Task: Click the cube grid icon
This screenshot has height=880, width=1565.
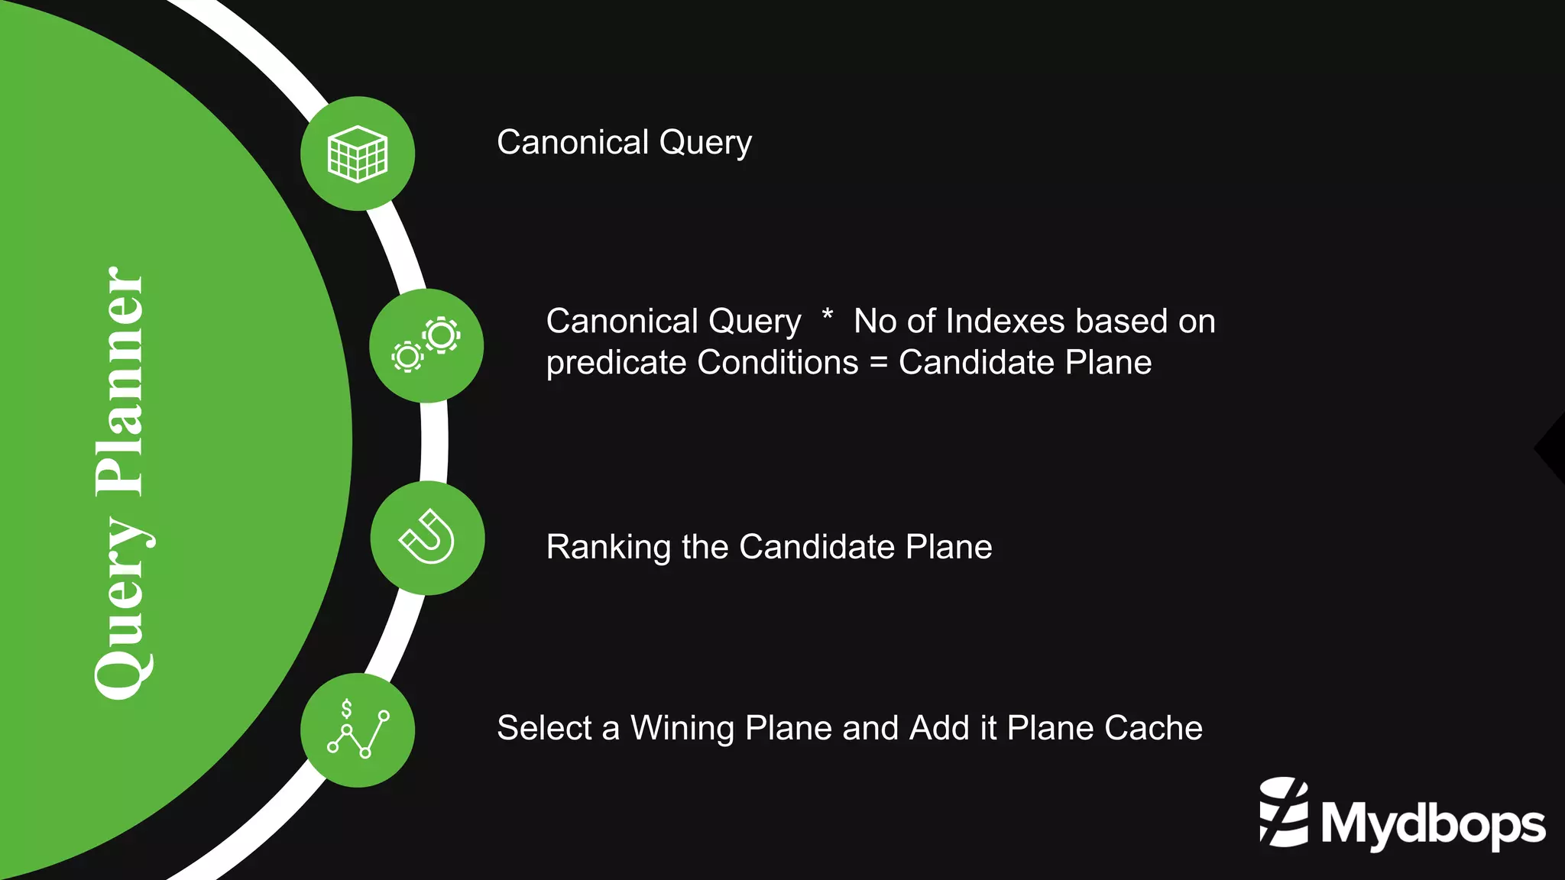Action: (358, 154)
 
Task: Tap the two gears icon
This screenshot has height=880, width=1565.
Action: (426, 345)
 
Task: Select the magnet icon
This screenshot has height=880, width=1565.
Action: (427, 538)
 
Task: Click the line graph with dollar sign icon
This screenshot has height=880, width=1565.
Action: (358, 730)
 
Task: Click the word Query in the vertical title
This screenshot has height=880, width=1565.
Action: (122, 608)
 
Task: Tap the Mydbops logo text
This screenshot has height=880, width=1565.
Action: (1433, 824)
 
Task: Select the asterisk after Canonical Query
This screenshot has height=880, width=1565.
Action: (827, 315)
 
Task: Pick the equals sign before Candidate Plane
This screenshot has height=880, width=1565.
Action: (878, 362)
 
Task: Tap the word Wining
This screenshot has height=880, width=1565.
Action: (682, 729)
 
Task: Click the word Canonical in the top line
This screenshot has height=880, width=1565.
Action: (572, 143)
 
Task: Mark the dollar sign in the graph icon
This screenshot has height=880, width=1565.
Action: (346, 709)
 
